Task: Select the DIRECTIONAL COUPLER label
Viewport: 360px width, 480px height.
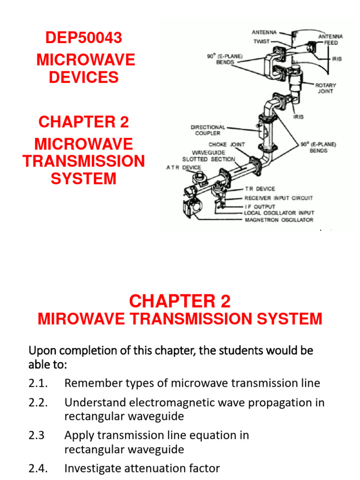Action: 208,130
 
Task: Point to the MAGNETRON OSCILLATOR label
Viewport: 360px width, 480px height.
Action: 279,220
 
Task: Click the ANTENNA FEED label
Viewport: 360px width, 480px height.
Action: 330,39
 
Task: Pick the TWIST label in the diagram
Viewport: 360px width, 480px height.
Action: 261,41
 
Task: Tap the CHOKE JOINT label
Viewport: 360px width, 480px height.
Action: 227,145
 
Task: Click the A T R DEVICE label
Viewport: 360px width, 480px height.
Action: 183,167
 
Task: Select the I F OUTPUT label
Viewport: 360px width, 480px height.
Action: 260,206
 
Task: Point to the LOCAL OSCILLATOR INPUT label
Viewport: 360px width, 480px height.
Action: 279,213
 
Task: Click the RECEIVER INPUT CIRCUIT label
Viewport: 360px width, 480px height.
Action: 278,198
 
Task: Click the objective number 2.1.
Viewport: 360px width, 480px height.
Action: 38,383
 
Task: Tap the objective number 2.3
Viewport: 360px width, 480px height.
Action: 37,435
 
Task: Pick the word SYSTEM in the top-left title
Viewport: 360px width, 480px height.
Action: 83,179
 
